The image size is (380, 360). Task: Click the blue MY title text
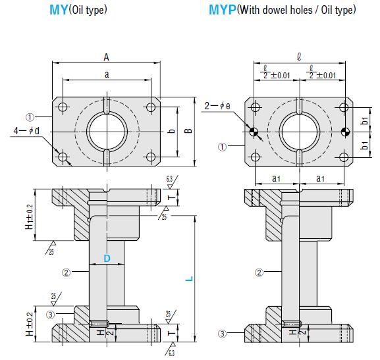(59, 10)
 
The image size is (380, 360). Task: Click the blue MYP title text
(222, 10)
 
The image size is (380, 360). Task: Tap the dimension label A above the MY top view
(106, 57)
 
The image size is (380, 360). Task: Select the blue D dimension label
(107, 259)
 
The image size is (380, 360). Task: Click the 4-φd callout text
(26, 131)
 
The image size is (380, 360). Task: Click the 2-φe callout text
(217, 106)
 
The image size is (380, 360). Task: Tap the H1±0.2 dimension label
(30, 217)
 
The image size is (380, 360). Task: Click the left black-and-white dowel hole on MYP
(254, 132)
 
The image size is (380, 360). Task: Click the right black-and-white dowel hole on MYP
(345, 132)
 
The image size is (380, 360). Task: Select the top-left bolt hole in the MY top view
(63, 107)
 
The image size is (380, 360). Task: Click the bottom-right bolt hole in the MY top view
(151, 157)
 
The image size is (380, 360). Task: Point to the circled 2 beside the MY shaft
(66, 272)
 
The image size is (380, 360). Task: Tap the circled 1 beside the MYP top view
(222, 147)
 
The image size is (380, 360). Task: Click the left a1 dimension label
(277, 178)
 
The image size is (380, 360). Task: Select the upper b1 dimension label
(364, 120)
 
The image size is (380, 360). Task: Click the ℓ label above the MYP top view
(299, 57)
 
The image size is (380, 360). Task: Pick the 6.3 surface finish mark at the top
(169, 179)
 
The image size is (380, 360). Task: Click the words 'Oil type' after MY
(88, 10)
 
